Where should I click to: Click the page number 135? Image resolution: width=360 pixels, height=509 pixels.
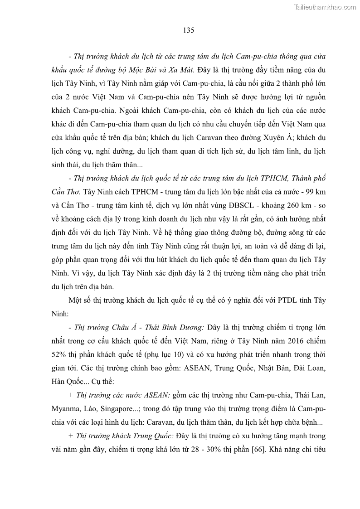(189, 30)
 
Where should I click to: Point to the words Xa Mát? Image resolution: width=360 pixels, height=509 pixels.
(181, 70)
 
